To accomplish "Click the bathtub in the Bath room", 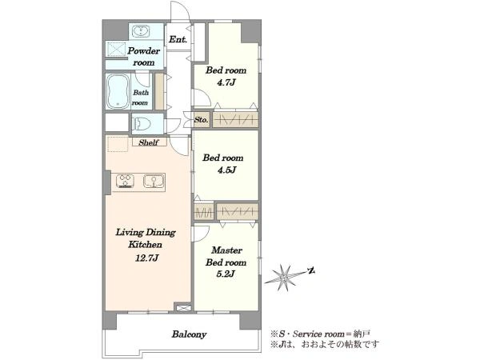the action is click(118, 91).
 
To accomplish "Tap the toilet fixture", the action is click(142, 124).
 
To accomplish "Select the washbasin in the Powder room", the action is click(141, 32).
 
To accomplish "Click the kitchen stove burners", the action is click(126, 181).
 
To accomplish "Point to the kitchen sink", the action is click(154, 181).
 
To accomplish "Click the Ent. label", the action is click(178, 39).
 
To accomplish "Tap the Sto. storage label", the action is click(201, 120).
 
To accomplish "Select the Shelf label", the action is click(149, 142).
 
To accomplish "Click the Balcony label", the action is click(189, 334).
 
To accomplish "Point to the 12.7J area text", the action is click(146, 258).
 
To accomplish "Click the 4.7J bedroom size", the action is click(226, 82).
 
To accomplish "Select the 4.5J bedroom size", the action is click(227, 170).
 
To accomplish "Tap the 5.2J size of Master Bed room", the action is click(226, 274).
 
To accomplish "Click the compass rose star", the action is click(284, 278).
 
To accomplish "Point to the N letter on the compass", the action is click(311, 270).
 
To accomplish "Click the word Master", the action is click(227, 250).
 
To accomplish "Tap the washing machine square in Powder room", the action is click(116, 50).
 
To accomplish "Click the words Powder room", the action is click(143, 57).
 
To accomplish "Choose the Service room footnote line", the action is click(321, 334).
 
